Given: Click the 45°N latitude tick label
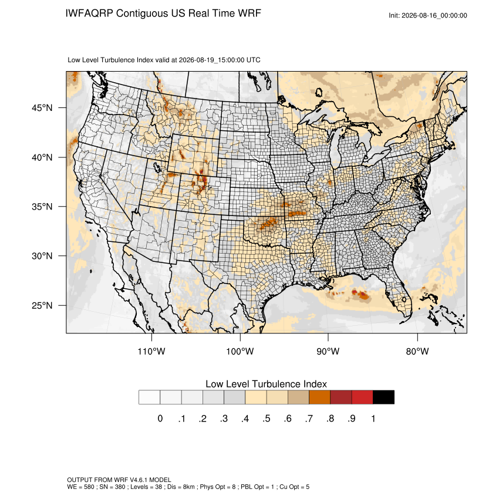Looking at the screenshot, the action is coord(42,108).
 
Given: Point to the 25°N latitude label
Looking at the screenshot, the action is coord(42,305).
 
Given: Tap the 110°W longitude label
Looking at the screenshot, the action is coord(151,351).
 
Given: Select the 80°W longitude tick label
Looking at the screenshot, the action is coord(417,351).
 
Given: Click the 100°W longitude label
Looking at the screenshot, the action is coord(240,351).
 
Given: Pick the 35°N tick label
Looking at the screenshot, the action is coord(42,207).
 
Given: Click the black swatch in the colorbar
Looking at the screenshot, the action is coord(383,397).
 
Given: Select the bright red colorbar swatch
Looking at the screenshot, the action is coord(362,397).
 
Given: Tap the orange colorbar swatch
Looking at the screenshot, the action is coord(319,397).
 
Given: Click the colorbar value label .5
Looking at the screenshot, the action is coord(267,419).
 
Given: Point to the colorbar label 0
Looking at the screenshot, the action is coord(160,419).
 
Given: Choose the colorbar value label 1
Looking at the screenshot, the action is coord(373,419).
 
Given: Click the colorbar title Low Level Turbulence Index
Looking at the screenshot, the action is coord(266,384).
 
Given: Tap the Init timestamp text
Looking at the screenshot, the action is coord(428,15).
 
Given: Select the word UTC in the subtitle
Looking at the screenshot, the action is coord(254,60).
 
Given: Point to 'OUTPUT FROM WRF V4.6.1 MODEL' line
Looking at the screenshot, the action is coord(119,480).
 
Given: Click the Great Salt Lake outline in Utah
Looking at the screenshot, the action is coord(157,167).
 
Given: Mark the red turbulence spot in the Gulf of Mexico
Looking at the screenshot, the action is coord(362,294).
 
